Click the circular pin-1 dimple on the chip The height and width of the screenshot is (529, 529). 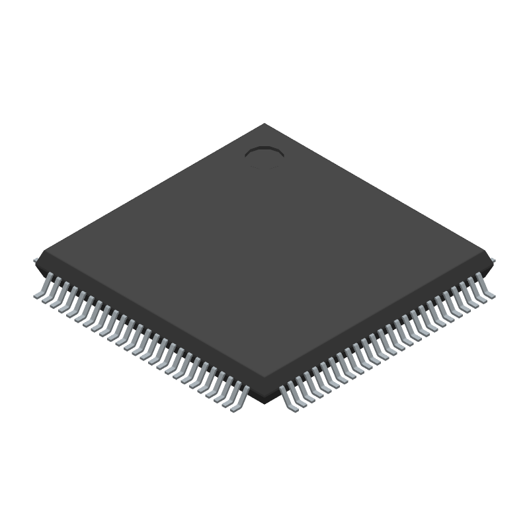tap(264, 153)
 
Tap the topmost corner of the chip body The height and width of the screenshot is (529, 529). tap(264, 124)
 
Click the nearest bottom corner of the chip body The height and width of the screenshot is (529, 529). tap(264, 400)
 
